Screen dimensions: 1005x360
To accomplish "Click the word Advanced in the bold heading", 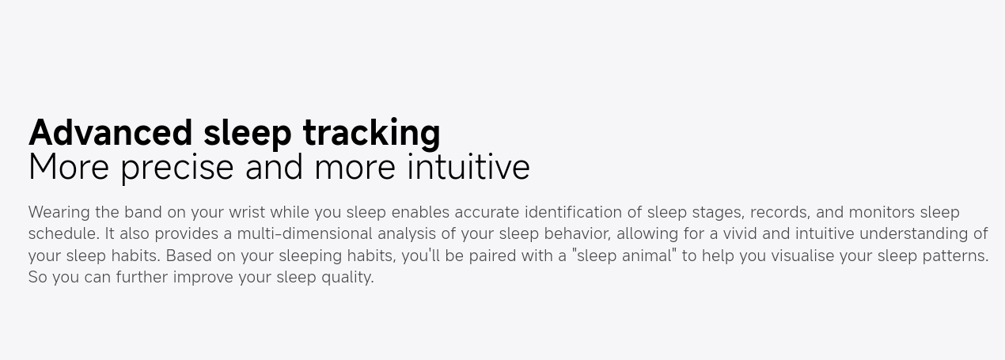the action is click(111, 133).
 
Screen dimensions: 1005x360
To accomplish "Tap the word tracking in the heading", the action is click(372, 134).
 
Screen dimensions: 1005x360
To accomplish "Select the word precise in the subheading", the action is click(177, 168).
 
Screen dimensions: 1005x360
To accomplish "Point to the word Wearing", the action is click(59, 213).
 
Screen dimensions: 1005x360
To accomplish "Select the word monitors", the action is click(882, 212).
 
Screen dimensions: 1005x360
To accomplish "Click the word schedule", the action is click(64, 233).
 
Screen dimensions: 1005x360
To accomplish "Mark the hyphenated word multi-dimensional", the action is click(305, 233).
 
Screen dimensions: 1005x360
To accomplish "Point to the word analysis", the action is click(407, 234).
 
